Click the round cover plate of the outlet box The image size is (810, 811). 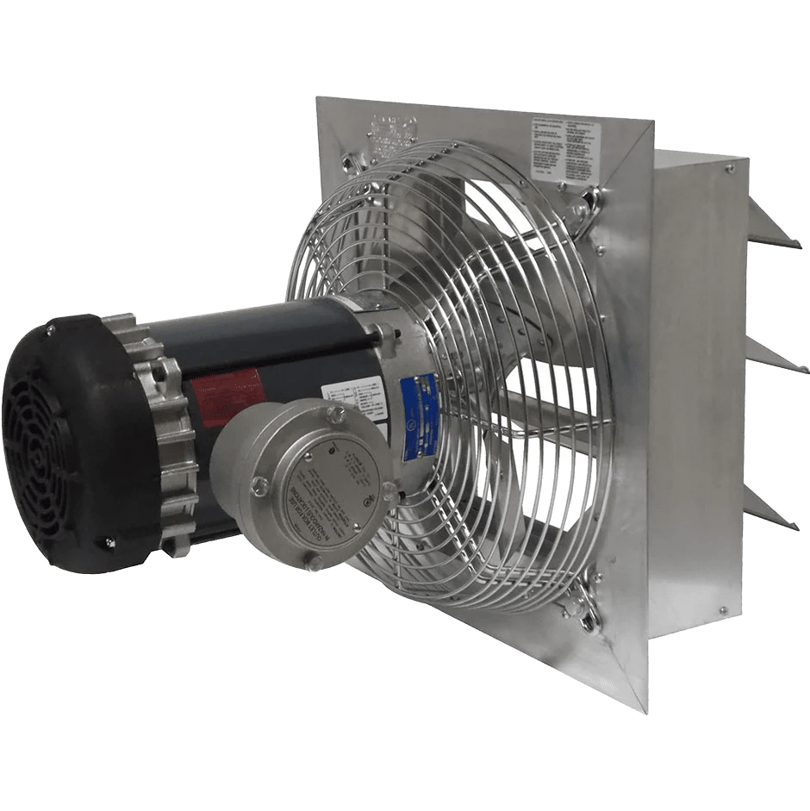(x=332, y=500)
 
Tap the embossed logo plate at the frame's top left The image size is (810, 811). (x=391, y=134)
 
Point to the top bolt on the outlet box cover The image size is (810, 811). (x=334, y=415)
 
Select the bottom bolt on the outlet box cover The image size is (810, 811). (x=315, y=561)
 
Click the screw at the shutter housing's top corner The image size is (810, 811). (x=729, y=169)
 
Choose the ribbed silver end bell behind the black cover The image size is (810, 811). (x=172, y=431)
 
